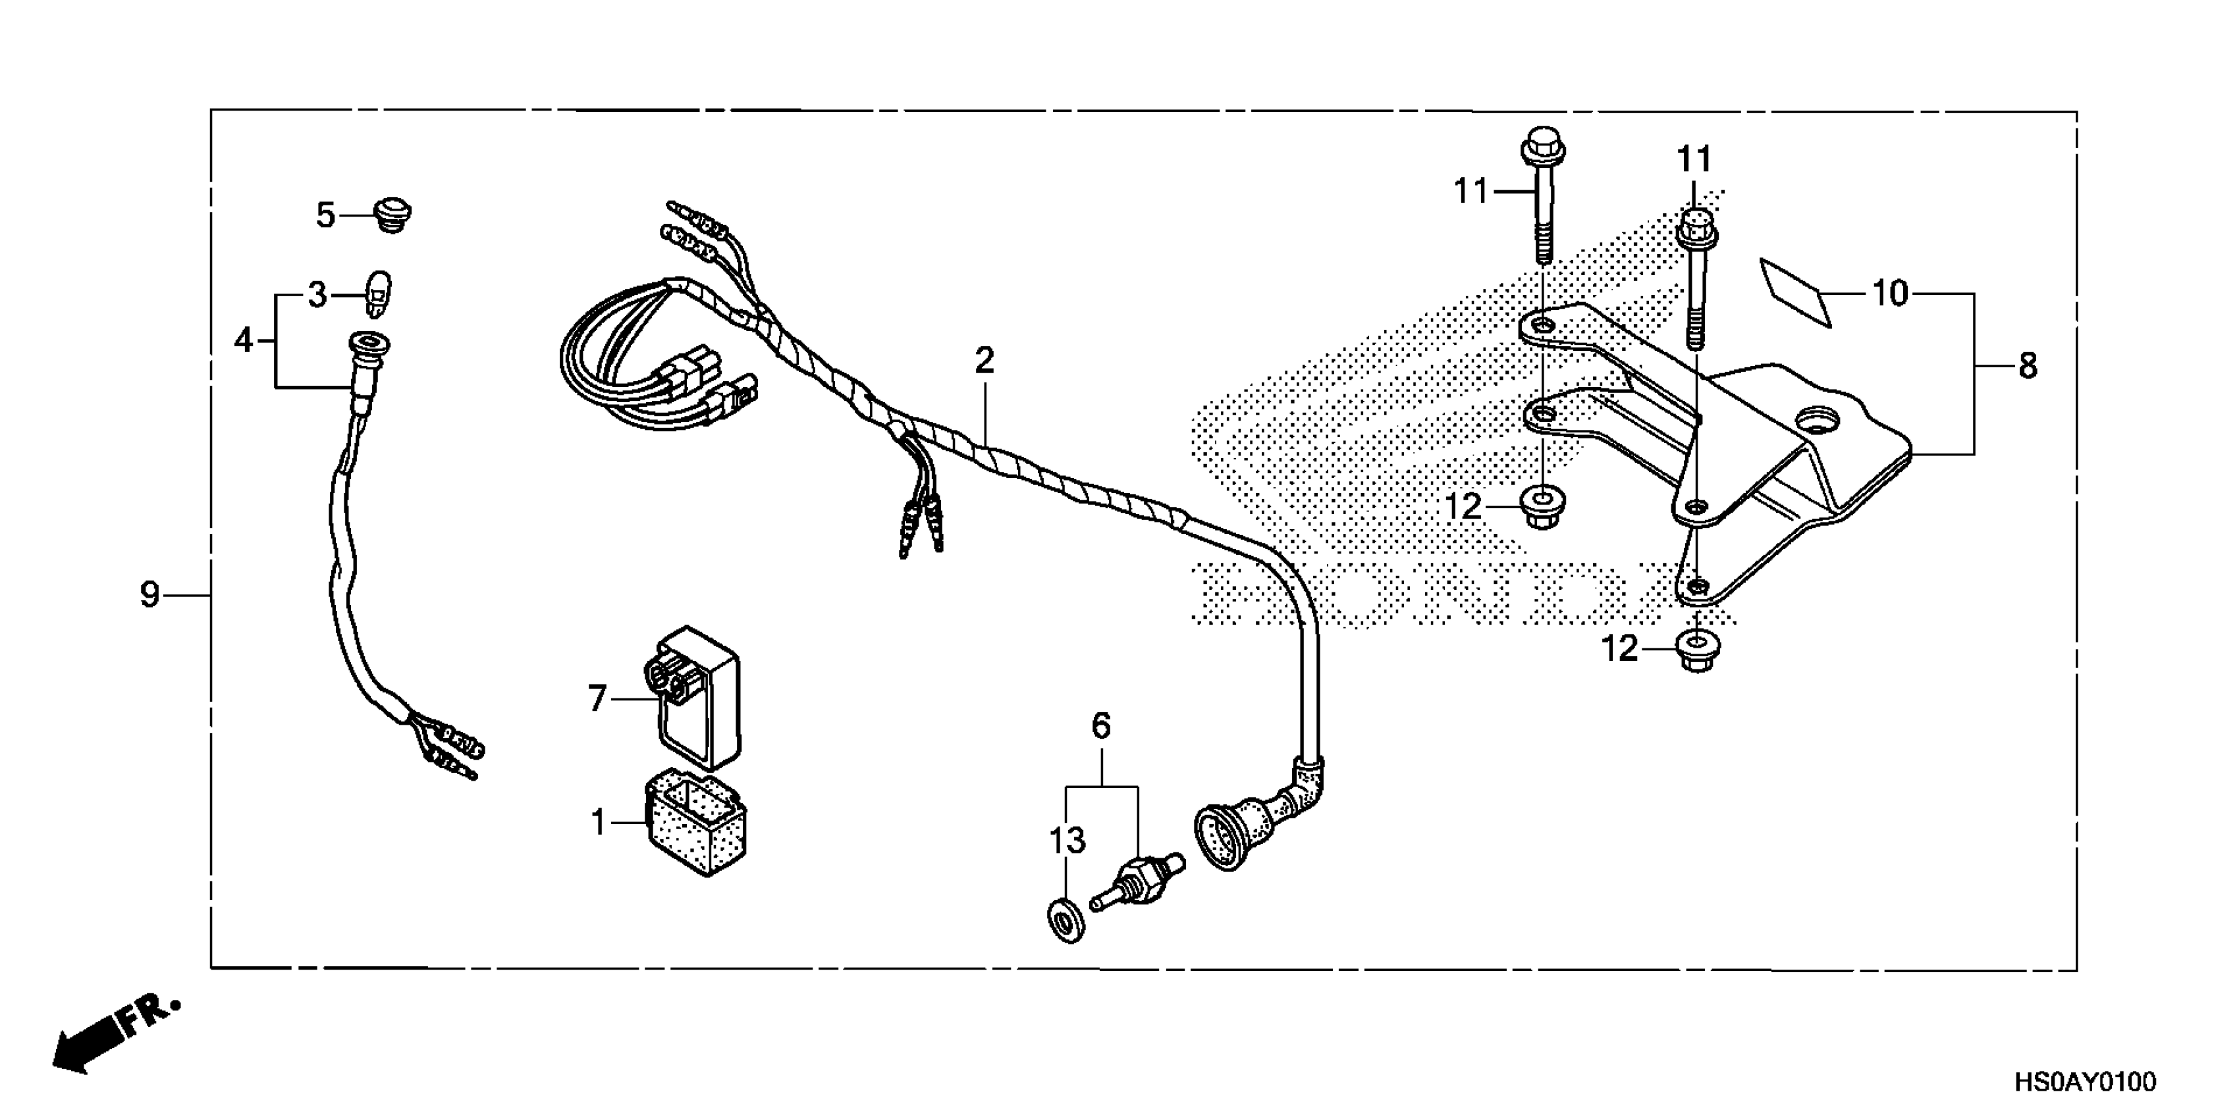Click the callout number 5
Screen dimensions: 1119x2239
pyautogui.click(x=325, y=215)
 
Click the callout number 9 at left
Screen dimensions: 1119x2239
pyautogui.click(x=149, y=595)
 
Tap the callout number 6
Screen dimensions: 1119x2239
pyautogui.click(x=1100, y=725)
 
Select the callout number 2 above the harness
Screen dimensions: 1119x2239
pyautogui.click(x=984, y=359)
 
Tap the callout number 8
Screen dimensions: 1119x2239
pyautogui.click(x=2027, y=366)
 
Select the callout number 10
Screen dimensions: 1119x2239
pyautogui.click(x=1889, y=294)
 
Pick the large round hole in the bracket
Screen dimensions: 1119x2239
pyautogui.click(x=1818, y=421)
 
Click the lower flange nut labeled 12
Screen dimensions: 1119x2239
pyautogui.click(x=1696, y=650)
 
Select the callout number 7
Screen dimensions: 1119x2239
pyautogui.click(x=596, y=698)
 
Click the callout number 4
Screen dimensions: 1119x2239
pyautogui.click(x=244, y=340)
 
